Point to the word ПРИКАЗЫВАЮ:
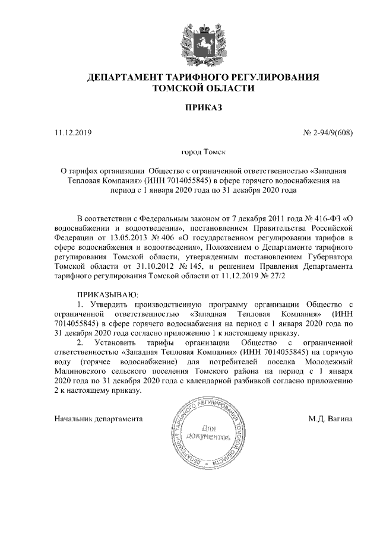point(107,294)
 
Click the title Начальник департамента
point(98,419)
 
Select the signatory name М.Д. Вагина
point(331,419)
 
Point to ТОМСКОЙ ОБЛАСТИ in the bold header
point(204,88)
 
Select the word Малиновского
point(83,371)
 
